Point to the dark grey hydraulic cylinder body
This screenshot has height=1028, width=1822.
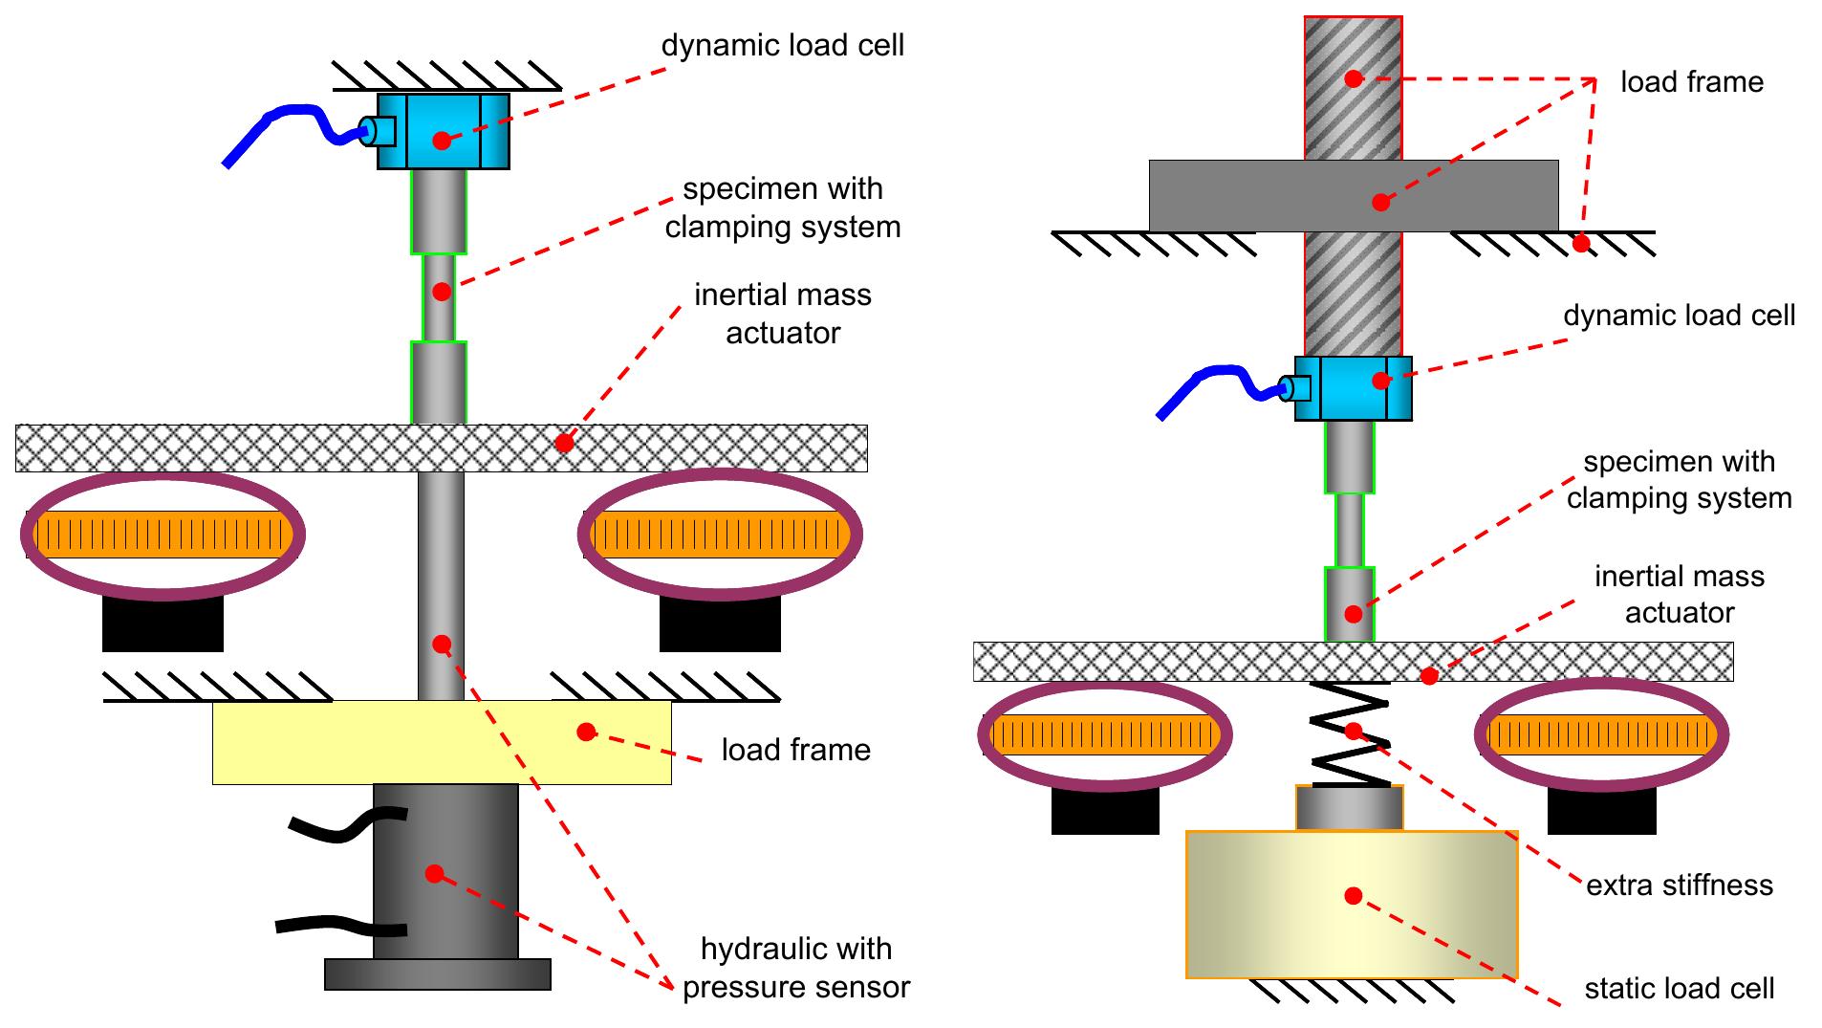point(445,870)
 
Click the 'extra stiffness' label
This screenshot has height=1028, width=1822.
point(1679,885)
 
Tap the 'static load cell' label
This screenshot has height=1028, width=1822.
point(1679,988)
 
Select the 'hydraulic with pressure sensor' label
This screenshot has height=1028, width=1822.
point(795,968)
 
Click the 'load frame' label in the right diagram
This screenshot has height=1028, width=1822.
point(1691,82)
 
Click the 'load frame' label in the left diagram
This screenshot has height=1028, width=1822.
point(795,750)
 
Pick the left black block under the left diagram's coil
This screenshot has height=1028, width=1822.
point(163,623)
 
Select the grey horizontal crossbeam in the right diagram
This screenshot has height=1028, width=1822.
point(1353,196)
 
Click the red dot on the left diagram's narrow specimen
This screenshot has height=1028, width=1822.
point(441,292)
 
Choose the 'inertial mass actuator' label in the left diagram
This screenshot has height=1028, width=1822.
point(782,314)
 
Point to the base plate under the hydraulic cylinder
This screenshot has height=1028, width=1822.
point(437,973)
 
